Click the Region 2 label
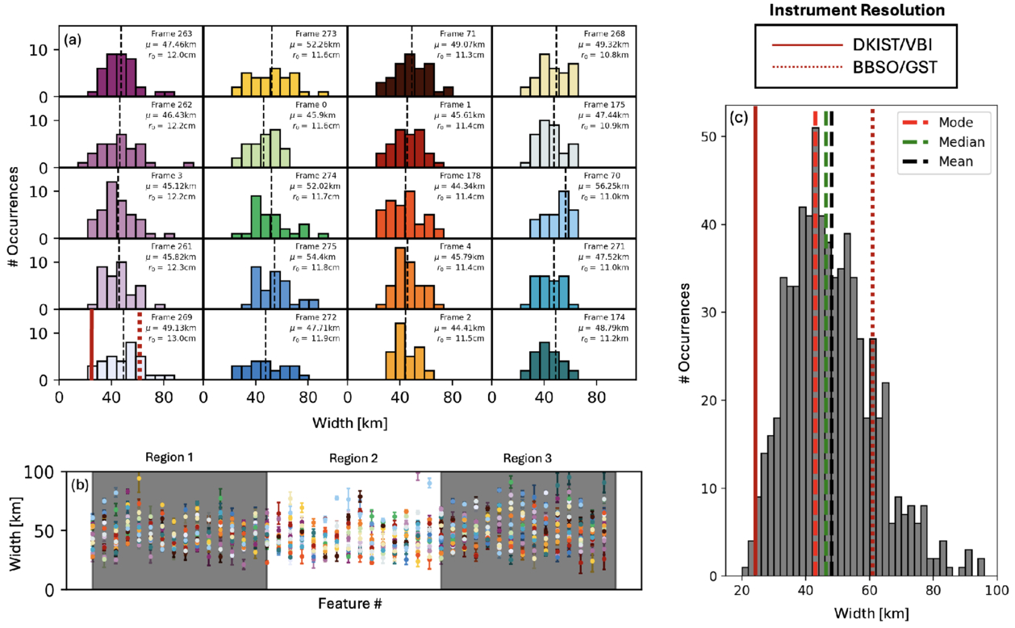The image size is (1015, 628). coord(353,459)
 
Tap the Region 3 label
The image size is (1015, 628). coord(528,458)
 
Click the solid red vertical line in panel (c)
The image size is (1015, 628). coord(755,339)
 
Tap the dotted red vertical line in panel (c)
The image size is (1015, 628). coord(872,339)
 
